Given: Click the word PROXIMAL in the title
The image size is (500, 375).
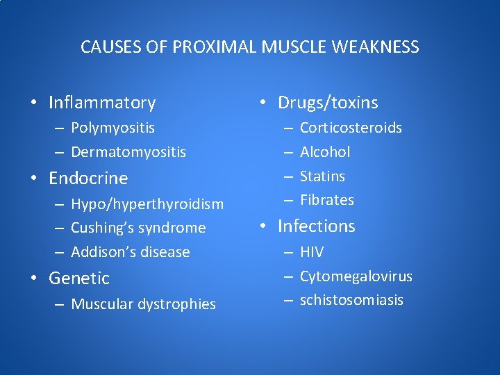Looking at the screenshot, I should [x=216, y=47].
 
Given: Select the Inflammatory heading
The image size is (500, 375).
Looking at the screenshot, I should [x=102, y=103].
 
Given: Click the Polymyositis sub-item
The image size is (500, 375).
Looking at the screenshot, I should [x=112, y=128].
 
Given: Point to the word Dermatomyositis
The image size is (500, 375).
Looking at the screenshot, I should [x=128, y=151].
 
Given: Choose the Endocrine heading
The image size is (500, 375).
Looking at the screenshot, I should [x=88, y=178].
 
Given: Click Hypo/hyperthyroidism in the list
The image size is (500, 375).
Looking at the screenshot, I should [x=147, y=204].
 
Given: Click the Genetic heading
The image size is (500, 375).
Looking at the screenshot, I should [x=79, y=278].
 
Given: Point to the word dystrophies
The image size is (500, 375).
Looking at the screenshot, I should [x=177, y=304].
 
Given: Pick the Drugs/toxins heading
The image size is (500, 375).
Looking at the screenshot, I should [x=328, y=103].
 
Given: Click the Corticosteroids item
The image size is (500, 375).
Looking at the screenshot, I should [x=351, y=128].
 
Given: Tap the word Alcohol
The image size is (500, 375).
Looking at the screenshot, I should [x=325, y=151].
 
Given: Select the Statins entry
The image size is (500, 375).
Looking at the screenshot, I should [x=322, y=176].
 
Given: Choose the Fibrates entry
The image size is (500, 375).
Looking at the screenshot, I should [x=327, y=200].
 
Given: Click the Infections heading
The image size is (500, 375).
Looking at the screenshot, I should [x=316, y=226].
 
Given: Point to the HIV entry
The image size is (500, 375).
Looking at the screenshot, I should [x=312, y=252].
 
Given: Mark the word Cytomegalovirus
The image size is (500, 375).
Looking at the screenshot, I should [x=356, y=276].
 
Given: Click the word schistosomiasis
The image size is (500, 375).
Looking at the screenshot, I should [x=351, y=300].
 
